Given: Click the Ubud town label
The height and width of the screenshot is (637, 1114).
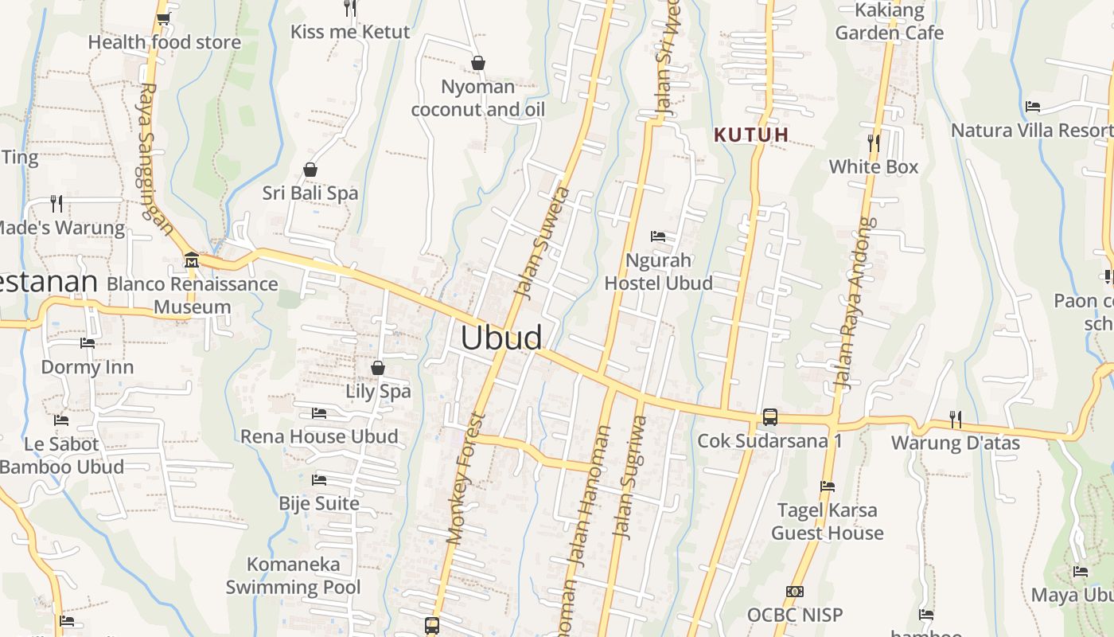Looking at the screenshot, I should pos(501,338).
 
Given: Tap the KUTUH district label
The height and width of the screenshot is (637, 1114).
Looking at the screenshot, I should pos(751,135).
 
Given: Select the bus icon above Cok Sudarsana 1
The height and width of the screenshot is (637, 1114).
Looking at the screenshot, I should pos(769,416).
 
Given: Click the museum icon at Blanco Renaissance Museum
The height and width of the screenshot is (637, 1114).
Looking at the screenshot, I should pos(191,260).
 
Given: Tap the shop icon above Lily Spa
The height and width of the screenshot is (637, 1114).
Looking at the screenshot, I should pos(378,368).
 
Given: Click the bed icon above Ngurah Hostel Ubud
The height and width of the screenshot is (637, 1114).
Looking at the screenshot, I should pos(658,236).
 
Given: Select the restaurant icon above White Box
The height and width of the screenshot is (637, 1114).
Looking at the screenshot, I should pos(874,143).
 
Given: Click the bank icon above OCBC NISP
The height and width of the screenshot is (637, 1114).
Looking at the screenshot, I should pos(794,592).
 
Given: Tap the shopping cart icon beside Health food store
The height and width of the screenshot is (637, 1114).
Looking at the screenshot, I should pos(162,18).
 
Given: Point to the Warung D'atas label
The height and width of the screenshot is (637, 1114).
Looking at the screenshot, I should pos(955,443).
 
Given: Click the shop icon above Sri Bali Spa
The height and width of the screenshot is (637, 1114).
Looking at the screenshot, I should pos(310,170).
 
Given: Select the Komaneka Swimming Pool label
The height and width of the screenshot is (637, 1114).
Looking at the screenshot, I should pos(293,576).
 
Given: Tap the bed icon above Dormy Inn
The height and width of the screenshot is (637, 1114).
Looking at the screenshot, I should pos(88,343).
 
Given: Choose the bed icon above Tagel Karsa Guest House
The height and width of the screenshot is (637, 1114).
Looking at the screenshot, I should pos(828,486).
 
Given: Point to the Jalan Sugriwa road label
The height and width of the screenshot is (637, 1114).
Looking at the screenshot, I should pos(629,476).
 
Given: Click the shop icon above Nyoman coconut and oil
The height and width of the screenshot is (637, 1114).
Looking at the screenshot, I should pos(478,63).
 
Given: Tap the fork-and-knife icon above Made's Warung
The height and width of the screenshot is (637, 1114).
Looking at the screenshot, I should pos(56,203).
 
